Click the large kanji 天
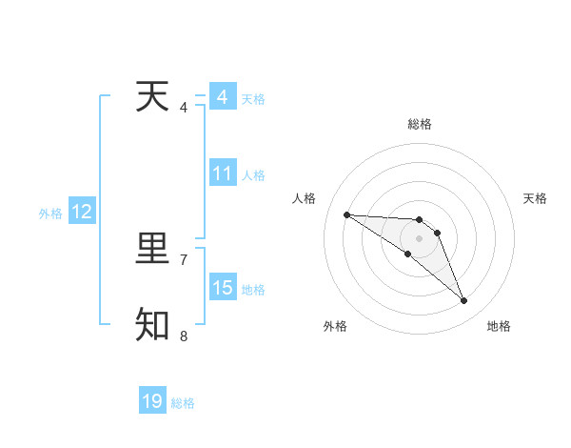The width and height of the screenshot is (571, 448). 152,96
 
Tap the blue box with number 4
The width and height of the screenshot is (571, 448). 223,97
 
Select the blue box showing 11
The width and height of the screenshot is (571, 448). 223,173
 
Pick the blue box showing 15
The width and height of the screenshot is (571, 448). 223,288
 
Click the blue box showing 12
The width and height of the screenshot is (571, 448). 82,212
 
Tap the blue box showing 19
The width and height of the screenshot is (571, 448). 152,401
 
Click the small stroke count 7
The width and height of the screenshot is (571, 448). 184,259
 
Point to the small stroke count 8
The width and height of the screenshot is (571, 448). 184,336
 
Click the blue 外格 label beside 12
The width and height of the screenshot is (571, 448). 50,214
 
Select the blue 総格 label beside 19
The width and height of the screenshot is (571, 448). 183,403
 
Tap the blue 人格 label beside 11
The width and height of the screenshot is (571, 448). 253,175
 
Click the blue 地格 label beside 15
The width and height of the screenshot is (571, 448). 253,290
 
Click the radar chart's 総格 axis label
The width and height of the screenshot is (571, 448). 419,124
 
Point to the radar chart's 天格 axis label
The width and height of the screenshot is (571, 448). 536,198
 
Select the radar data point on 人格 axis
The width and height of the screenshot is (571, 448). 346,214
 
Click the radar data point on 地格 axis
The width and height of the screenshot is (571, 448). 464,301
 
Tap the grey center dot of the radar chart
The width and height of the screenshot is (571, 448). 419,238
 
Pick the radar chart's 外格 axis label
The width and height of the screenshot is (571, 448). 335,326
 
